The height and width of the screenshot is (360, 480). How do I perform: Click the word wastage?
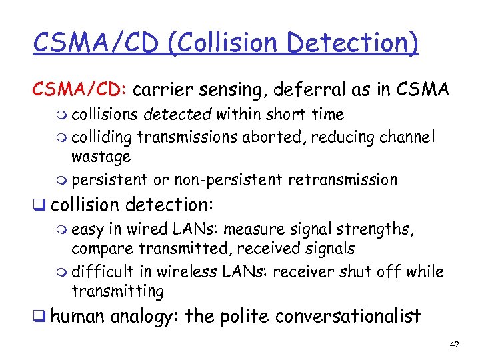(101, 157)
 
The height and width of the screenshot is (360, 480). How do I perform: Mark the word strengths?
(377, 230)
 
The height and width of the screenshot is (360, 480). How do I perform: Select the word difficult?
(102, 272)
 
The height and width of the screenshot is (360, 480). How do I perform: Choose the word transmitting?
(117, 291)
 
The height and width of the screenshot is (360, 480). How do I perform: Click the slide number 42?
(455, 345)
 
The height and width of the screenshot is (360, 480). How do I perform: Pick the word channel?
(409, 137)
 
